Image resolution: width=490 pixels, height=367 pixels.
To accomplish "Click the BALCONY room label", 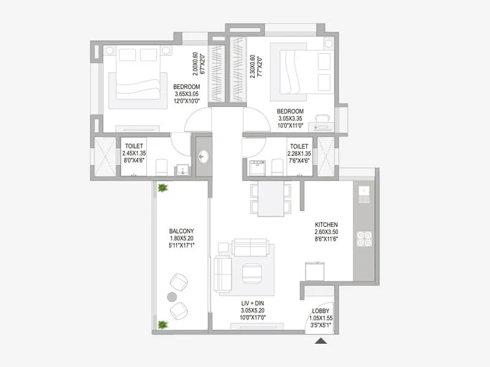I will point(181,231).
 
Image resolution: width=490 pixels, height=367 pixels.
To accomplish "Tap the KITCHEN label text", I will point(326,225).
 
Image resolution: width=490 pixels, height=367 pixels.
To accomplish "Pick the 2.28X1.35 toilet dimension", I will point(299,154).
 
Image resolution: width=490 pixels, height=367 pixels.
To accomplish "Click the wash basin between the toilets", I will point(203,157).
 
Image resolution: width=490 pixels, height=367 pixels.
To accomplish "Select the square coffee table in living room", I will point(251,271).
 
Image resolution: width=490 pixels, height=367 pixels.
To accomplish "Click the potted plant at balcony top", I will point(162,188).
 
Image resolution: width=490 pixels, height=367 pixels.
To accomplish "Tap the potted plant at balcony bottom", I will point(162,325).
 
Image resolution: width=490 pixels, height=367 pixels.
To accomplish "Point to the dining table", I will point(270,199).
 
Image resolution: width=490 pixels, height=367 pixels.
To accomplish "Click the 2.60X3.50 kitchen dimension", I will point(326,233).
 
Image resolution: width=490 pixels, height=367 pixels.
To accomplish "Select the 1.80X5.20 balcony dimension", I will point(181,239).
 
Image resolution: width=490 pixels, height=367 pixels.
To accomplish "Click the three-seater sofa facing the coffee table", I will point(251,247).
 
